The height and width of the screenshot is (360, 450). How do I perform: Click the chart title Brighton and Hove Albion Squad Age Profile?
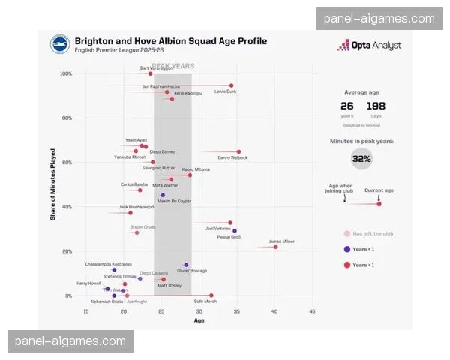(169, 41)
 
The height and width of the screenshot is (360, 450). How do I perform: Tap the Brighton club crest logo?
(61, 45)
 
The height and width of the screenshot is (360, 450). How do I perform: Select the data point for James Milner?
(275, 247)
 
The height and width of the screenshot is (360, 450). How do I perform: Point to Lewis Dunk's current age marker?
(231, 85)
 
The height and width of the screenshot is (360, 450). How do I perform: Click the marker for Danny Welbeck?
(238, 151)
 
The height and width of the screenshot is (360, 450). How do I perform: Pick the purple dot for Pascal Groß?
(235, 231)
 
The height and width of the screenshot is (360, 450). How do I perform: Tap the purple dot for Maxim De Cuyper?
(163, 195)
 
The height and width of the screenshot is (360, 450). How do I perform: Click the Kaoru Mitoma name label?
(196, 169)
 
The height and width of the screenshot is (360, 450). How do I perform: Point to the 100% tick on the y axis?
(66, 73)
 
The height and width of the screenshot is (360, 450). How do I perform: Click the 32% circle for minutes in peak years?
(361, 158)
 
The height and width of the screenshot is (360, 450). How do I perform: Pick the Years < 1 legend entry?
(361, 249)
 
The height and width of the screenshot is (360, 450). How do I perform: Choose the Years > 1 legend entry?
(361, 265)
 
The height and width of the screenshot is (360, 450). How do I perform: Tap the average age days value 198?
(376, 106)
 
